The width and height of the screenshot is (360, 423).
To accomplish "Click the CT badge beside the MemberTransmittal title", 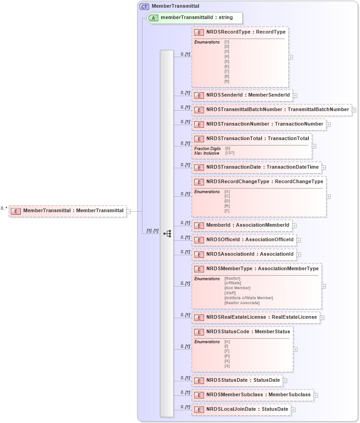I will coord(144,6).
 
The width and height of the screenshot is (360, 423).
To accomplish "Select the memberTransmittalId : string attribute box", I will coord(196,18).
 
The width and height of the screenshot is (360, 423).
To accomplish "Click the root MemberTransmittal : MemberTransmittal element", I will coord(73,211).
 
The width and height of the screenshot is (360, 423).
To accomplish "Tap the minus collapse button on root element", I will coord(129,211).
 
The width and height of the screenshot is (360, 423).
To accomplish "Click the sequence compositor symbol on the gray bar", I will coord(167,233).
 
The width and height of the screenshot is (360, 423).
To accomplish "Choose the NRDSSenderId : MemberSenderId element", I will coord(248,95).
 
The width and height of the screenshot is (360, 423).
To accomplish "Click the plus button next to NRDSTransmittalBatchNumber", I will coord(354,110).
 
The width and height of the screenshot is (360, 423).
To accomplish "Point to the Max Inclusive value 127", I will coord(229,153).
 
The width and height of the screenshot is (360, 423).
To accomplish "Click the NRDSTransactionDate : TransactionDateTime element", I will coord(262,167).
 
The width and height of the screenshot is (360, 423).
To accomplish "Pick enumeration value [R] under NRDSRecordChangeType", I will coord(227,206).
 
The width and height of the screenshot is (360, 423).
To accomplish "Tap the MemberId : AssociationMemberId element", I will coord(247,225).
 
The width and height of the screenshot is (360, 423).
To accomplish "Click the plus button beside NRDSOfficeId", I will coord(299,240).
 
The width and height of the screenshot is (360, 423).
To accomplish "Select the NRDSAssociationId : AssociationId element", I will coord(249,254).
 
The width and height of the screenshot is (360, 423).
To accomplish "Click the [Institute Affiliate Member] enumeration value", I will coord(248,298).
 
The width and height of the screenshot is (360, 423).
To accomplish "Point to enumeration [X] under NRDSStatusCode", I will coord(227,361).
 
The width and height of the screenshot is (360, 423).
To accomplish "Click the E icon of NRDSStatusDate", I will coord(199,380).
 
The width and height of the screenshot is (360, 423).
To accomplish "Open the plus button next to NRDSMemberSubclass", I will coord(316,395).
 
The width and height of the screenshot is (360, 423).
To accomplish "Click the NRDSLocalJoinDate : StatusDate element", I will coord(247,409).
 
